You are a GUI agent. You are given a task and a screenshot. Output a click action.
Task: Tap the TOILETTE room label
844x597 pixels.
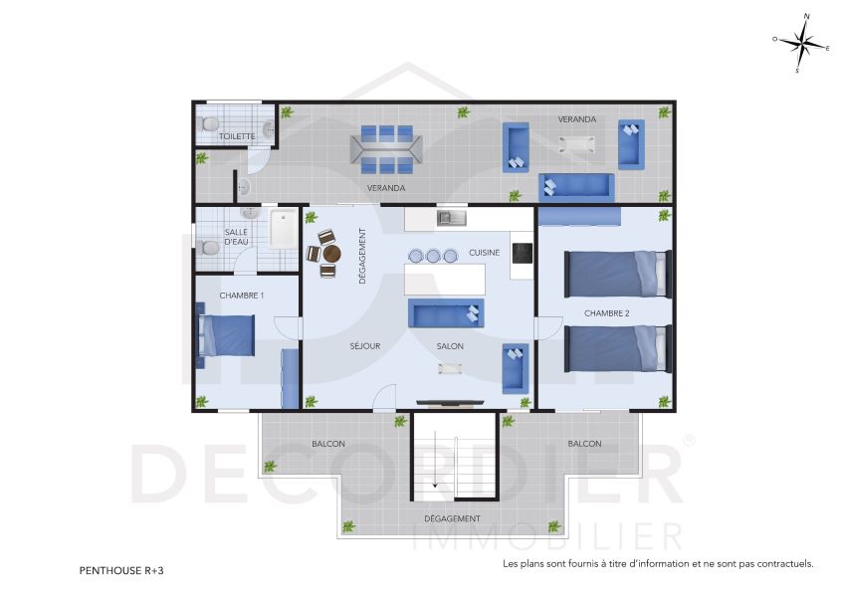tap(237, 136)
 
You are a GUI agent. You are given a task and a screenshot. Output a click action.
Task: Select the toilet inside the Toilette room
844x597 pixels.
tap(208, 124)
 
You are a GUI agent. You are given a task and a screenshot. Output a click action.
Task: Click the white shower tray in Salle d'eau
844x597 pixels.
tap(284, 229)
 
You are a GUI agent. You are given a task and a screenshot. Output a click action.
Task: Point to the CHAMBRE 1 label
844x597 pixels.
tap(242, 296)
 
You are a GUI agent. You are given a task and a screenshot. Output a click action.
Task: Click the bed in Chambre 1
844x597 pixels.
tap(227, 334)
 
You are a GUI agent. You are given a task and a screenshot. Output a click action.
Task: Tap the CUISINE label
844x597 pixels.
tap(485, 253)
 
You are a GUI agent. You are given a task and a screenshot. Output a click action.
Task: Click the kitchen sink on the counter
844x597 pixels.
tap(451, 217)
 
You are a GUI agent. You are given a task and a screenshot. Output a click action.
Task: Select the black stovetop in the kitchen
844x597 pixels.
tap(523, 254)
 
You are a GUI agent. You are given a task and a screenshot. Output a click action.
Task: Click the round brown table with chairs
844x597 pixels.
tap(330, 254)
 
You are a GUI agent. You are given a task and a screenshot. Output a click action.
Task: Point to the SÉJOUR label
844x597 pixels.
tap(365, 346)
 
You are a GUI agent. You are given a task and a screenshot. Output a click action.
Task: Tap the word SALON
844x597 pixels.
tap(451, 346)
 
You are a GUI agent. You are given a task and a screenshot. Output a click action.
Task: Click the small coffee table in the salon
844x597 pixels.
tap(450, 368)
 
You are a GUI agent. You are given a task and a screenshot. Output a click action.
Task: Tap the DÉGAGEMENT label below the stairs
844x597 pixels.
tap(452, 518)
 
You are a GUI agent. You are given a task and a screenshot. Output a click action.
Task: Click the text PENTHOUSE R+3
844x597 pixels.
tap(121, 571)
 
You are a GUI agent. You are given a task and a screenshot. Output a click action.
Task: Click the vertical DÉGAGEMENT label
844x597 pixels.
tap(362, 257)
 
